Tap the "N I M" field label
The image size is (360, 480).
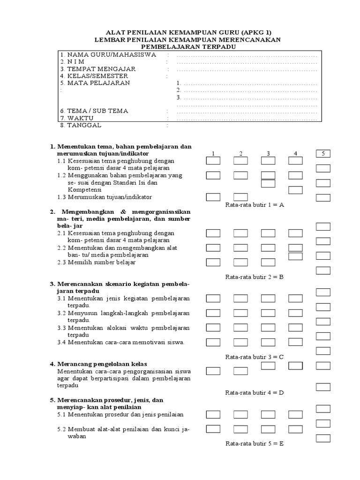(x=76, y=62)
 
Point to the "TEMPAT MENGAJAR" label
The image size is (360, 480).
(x=97, y=69)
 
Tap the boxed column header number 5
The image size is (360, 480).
(x=323, y=153)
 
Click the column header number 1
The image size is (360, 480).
(x=213, y=154)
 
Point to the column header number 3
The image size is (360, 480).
(x=268, y=154)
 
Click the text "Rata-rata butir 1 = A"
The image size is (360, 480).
(x=255, y=205)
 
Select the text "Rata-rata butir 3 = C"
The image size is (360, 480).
(x=255, y=357)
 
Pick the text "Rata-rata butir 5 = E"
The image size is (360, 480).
(x=255, y=443)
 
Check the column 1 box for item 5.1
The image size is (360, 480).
(x=213, y=414)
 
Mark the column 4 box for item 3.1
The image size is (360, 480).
(x=295, y=298)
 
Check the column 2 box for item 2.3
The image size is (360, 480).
(x=240, y=262)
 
